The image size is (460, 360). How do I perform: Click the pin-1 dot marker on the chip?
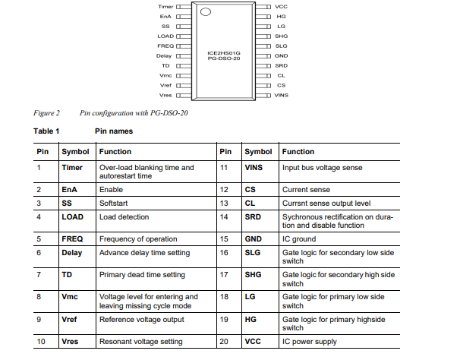click(x=205, y=11)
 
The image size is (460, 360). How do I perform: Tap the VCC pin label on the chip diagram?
click(x=281, y=5)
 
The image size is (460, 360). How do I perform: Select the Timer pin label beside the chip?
click(x=165, y=5)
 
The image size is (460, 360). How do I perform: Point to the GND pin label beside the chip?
click(x=281, y=55)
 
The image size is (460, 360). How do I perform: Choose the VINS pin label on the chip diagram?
click(x=282, y=95)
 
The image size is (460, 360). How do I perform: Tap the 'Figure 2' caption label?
click(x=47, y=113)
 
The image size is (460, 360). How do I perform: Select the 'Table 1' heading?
click(x=46, y=131)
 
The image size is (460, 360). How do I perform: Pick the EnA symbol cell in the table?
click(x=70, y=188)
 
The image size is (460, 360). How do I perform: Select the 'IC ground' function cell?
click(x=300, y=238)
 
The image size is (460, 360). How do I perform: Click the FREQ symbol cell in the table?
click(x=72, y=238)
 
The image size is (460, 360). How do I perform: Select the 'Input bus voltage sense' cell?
click(x=322, y=167)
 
